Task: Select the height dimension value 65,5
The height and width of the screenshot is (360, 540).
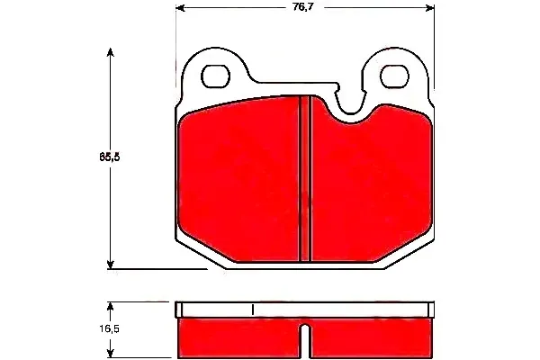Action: pyautogui.click(x=110, y=156)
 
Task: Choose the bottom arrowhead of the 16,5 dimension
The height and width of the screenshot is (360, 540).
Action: pyautogui.click(x=111, y=355)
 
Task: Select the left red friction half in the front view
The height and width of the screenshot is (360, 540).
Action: pyautogui.click(x=238, y=184)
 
